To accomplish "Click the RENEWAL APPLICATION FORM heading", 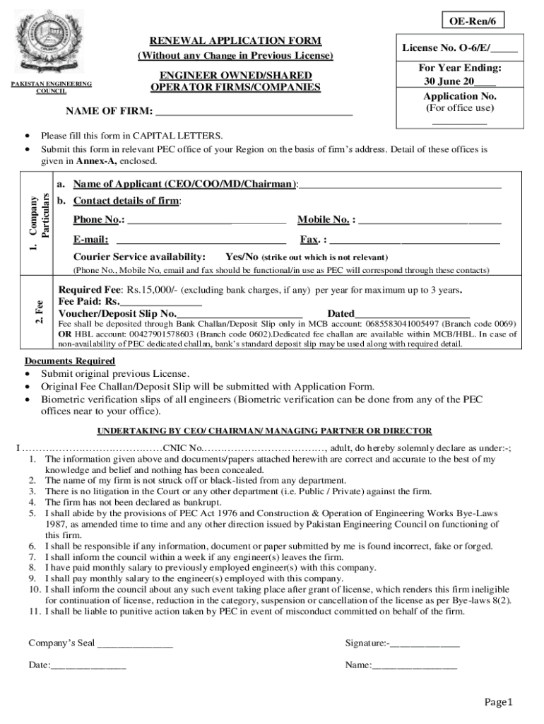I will pos(235,41).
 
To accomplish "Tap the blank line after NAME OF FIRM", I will pos(254,112).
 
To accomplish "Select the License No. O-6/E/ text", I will pos(446,49).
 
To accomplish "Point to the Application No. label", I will pos(460,96).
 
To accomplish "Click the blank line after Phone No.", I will pos(206,220).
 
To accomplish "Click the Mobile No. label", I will pos(326,220).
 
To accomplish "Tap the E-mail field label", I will pos(90,240).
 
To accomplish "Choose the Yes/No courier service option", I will pos(241,257).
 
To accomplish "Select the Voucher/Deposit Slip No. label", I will pos(117,313).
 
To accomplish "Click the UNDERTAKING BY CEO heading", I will pos(264,431).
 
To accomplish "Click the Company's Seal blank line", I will pos(135,643).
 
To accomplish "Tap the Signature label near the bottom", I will pos(366,643).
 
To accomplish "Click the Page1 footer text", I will pos(497,702).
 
